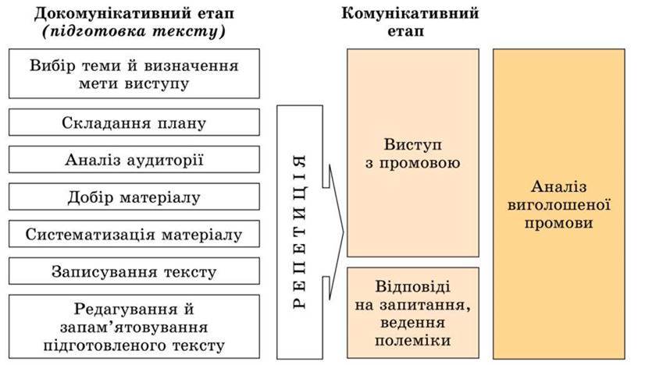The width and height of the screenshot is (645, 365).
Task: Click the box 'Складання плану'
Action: (x=134, y=123)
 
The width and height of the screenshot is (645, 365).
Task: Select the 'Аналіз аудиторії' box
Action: (x=134, y=161)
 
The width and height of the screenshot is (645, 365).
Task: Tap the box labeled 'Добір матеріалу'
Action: (x=134, y=197)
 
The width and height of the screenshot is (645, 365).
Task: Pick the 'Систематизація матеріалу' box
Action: (x=134, y=234)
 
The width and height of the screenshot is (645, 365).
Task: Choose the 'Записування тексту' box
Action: (x=134, y=271)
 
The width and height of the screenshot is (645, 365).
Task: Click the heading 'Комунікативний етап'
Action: (x=410, y=22)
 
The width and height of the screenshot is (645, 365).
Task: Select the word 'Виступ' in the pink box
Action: (x=412, y=146)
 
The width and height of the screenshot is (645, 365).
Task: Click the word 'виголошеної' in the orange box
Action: (x=558, y=204)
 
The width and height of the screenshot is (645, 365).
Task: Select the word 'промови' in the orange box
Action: (x=558, y=223)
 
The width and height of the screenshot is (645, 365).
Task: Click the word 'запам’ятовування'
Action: (x=134, y=326)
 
